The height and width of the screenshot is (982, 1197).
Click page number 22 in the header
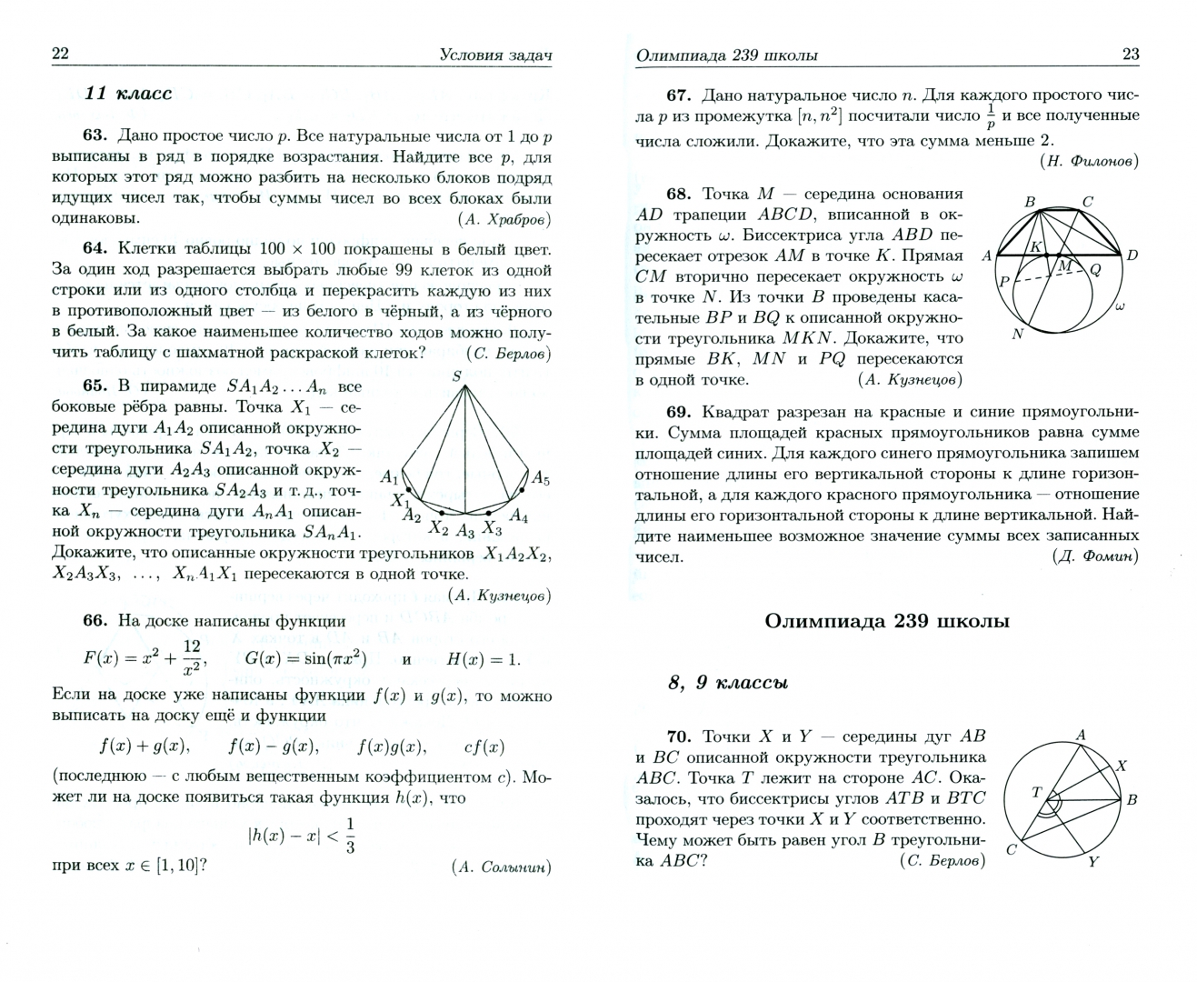(60, 54)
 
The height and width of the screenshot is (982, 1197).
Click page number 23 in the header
(1130, 55)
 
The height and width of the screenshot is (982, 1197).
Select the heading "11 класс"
(127, 94)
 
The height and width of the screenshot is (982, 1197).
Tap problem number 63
(95, 135)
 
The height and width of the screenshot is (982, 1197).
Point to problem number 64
(95, 249)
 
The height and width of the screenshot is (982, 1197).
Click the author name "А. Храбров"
(505, 219)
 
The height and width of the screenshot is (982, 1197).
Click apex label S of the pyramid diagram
(457, 376)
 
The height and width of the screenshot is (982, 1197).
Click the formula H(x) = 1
(484, 659)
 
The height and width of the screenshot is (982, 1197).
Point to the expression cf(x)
(484, 747)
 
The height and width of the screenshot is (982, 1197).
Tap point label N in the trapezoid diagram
(1017, 334)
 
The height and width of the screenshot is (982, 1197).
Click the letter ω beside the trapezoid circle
(1120, 307)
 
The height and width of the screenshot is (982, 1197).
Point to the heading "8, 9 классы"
(727, 683)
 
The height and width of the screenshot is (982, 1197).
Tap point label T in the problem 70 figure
(1035, 792)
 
